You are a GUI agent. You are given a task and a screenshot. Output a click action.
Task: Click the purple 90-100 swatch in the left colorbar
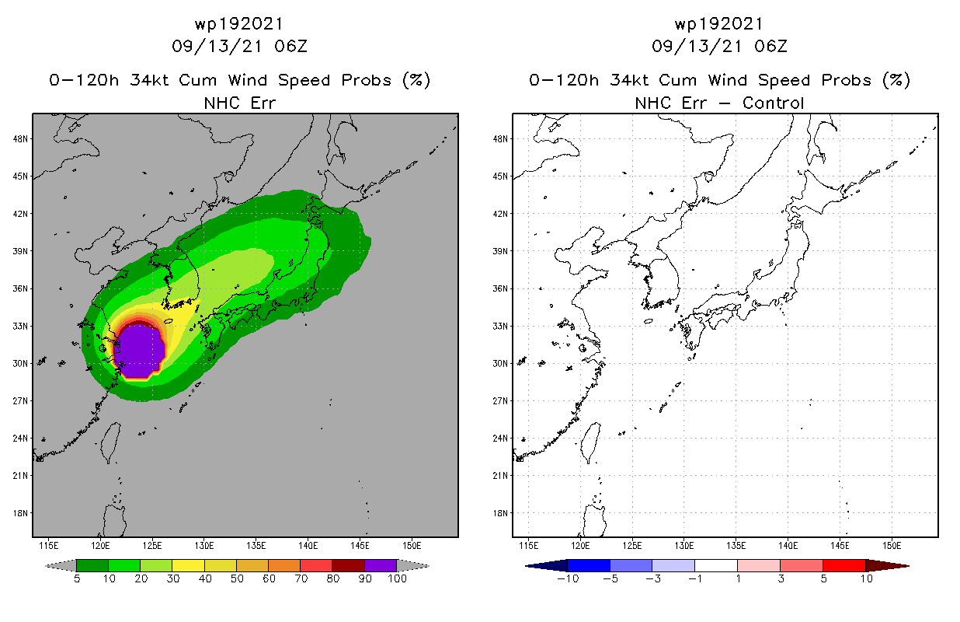(x=381, y=565)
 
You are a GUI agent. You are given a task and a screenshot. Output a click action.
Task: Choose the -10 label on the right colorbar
(x=568, y=578)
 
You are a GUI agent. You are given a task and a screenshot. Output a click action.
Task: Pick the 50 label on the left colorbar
(x=236, y=578)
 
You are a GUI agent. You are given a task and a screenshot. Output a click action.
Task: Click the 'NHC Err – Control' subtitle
(x=719, y=103)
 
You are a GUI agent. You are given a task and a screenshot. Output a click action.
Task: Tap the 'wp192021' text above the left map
(x=239, y=23)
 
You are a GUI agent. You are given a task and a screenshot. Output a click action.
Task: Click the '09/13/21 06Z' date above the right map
(x=719, y=46)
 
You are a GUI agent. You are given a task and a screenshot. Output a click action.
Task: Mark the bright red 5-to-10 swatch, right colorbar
(x=843, y=565)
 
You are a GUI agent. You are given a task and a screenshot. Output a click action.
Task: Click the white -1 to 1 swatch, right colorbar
(x=716, y=565)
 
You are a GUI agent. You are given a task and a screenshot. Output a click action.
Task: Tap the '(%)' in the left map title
(x=416, y=80)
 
